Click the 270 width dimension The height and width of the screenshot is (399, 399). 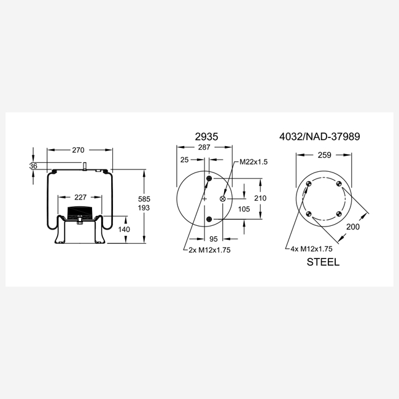pyautogui.click(x=78, y=150)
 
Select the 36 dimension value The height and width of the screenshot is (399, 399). pyautogui.click(x=33, y=166)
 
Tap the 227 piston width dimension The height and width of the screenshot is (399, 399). pyautogui.click(x=80, y=197)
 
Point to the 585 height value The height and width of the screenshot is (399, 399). pyautogui.click(x=144, y=199)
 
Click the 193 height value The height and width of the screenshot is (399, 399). pyautogui.click(x=144, y=207)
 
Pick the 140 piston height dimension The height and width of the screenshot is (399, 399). pyautogui.click(x=124, y=230)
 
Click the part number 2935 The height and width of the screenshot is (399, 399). pyautogui.click(x=207, y=137)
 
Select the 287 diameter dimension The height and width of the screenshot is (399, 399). pyautogui.click(x=204, y=147)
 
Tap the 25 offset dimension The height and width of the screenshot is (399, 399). pyautogui.click(x=185, y=160)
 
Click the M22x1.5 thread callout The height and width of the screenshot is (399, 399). pyautogui.click(x=254, y=162)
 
